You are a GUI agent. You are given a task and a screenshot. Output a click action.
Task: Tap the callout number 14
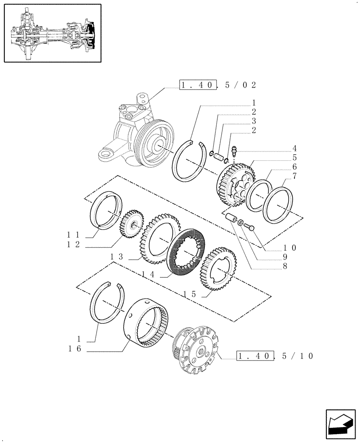click(149, 275)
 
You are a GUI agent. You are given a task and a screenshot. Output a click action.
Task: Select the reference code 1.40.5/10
click(275, 356)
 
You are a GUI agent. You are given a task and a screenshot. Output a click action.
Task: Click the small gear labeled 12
click(133, 225)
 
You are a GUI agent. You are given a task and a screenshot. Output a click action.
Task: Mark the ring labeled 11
click(106, 209)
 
